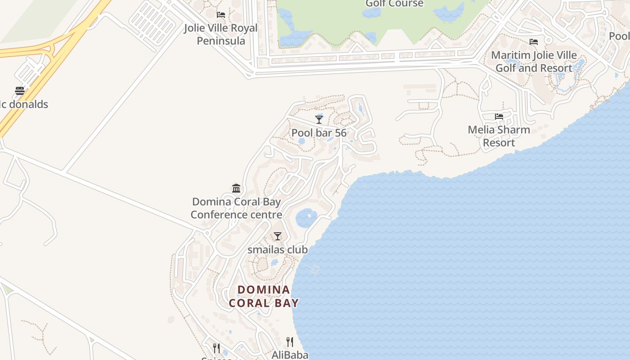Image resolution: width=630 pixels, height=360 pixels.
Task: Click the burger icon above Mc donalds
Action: coord(19,91)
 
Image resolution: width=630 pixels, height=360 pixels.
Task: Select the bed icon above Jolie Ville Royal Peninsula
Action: coord(220,15)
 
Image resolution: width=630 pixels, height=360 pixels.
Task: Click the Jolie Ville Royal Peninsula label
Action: coord(220,35)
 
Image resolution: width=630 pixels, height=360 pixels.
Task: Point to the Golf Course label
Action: coord(394,4)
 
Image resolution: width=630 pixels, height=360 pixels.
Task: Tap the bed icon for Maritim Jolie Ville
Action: coord(534,42)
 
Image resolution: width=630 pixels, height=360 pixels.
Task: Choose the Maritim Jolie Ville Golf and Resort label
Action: coord(534,62)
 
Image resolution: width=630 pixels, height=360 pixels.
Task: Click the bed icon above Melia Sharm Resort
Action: coord(499,117)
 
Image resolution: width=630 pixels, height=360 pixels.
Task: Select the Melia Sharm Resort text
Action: coord(499,136)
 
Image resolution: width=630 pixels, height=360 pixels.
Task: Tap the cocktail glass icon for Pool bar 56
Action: coord(319,119)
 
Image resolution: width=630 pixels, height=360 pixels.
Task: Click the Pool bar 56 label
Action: coord(319,133)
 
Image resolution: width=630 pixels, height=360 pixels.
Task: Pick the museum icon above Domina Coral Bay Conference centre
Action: coord(236,188)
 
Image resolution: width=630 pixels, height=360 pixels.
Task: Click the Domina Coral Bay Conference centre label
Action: coord(236,208)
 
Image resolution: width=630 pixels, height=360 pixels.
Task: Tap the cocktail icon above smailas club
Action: coord(278,236)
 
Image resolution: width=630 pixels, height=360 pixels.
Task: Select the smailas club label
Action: coord(278,249)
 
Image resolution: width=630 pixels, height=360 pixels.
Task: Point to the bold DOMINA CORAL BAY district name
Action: coord(264,296)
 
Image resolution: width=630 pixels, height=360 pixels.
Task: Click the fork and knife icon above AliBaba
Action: coord(290,342)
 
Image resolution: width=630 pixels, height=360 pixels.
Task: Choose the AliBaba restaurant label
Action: coord(290,355)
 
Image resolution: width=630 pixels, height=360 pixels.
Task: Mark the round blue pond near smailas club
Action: coord(306,218)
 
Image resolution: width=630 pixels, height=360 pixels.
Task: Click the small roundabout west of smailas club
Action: coord(207,233)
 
